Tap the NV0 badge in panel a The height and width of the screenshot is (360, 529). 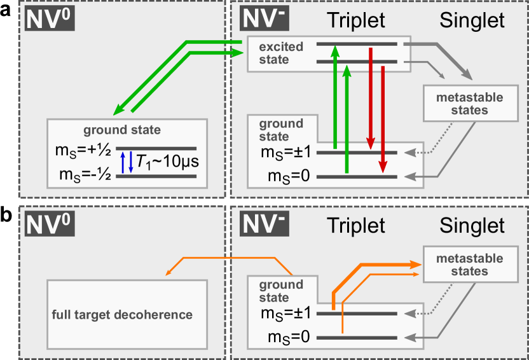(x=50, y=19)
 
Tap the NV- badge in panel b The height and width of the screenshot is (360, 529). (x=264, y=224)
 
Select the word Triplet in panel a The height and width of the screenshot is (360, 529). (x=356, y=20)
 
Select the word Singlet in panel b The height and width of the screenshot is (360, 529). (x=472, y=225)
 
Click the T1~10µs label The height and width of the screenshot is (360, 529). (x=168, y=162)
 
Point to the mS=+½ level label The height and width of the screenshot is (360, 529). (x=83, y=150)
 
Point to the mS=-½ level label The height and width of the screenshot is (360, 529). (x=85, y=175)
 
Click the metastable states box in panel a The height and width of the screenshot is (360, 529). (x=471, y=103)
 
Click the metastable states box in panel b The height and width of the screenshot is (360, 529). (x=471, y=264)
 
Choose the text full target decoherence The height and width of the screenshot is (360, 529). (x=122, y=314)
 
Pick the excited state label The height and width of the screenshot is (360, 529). (x=281, y=53)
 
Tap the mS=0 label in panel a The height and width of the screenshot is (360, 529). (x=289, y=176)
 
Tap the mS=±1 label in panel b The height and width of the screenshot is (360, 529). (x=285, y=314)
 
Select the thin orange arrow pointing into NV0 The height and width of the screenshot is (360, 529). (x=230, y=258)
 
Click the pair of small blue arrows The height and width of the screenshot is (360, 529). (x=127, y=162)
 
